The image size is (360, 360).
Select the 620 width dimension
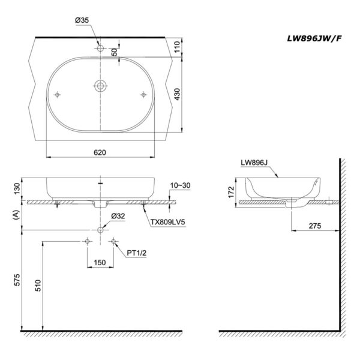[100, 152]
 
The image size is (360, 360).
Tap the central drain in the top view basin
[100, 86]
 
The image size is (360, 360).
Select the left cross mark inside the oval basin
[58, 94]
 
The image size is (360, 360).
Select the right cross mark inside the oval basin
[143, 94]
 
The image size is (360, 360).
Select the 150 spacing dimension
[100, 263]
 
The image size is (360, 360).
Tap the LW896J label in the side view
[253, 162]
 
